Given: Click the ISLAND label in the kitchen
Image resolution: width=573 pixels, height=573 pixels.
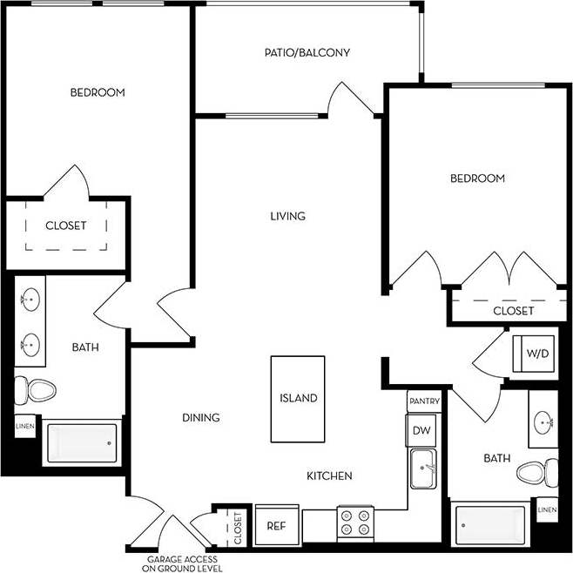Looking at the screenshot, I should [298, 398].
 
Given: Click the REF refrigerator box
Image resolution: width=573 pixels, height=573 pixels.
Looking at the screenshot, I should [276, 526].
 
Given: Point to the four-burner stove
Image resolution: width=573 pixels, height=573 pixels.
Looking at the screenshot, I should [355, 523].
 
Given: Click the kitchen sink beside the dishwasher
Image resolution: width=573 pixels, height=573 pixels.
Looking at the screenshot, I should [424, 469].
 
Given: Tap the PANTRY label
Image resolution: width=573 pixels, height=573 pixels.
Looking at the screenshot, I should [424, 402].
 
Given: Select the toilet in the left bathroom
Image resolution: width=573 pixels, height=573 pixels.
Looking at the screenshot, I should [36, 388].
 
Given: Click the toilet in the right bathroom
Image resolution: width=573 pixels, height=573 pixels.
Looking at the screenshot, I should [537, 474].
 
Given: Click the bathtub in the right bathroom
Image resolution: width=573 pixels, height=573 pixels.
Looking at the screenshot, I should [492, 526].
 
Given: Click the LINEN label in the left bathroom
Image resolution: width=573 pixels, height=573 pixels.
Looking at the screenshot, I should [24, 426].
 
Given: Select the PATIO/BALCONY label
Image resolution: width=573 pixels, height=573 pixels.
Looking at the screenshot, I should [307, 52].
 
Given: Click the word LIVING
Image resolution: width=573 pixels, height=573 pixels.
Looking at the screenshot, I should [287, 216].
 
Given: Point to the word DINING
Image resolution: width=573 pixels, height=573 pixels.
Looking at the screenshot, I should [200, 418].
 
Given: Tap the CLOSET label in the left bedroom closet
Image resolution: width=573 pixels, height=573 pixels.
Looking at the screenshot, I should [66, 226].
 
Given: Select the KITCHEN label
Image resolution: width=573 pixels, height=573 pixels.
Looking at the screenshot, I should [329, 475].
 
